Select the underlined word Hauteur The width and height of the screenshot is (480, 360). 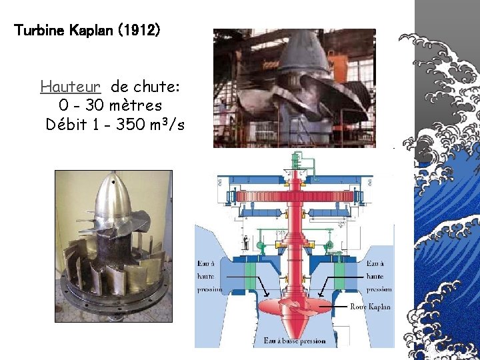point(71,87)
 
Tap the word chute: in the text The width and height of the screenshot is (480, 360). point(158,87)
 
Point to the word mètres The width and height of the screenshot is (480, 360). point(137,105)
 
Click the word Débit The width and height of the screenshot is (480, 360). point(67,124)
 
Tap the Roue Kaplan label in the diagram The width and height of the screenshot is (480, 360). point(370,307)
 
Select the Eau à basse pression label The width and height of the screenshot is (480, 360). point(294,341)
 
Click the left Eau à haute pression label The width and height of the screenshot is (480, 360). point(209,276)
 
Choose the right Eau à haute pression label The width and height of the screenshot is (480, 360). point(379,276)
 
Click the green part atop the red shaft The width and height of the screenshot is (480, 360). point(294,160)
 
